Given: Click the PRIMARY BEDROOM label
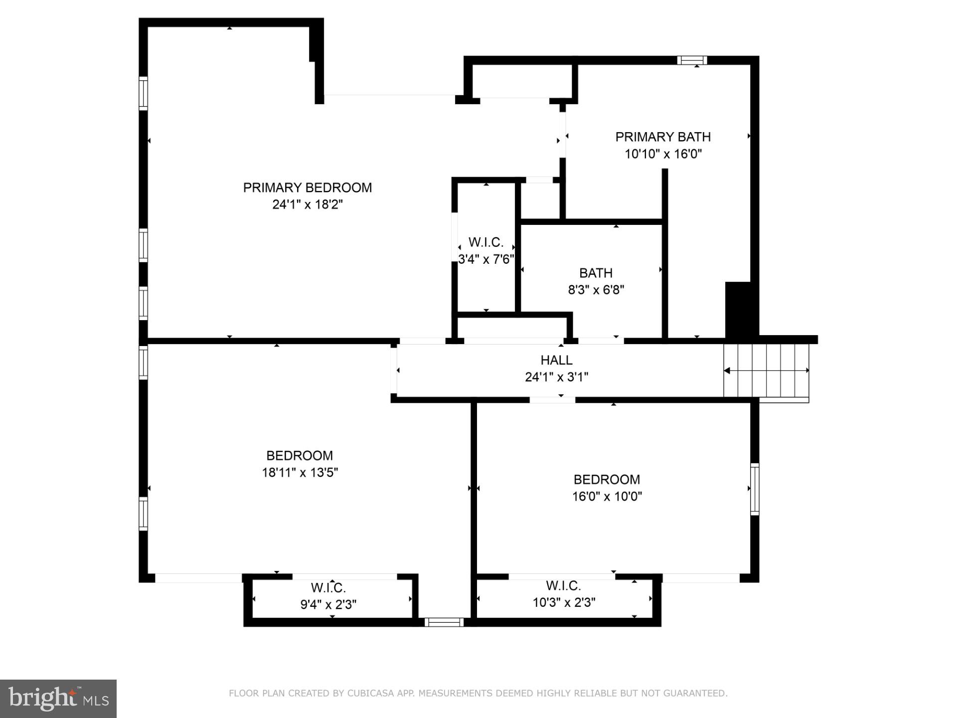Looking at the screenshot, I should click(307, 187).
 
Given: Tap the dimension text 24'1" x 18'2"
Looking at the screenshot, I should click(307, 204).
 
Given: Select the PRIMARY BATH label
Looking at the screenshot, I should click(662, 137).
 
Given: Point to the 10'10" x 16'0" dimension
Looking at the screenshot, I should click(663, 154).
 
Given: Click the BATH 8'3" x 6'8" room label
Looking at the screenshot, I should click(596, 281).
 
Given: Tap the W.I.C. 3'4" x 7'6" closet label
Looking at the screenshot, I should click(485, 251).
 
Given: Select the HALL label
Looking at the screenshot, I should click(556, 360).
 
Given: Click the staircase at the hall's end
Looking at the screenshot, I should click(766, 371).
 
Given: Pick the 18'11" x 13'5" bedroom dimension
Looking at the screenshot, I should click(300, 472).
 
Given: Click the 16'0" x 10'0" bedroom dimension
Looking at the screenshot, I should click(607, 496).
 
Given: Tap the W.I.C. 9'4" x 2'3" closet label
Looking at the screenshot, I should click(328, 596).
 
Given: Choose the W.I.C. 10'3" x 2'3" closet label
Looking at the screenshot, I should click(564, 594).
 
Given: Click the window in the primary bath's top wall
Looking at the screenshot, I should click(692, 60).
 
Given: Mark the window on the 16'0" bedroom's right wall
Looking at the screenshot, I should click(755, 489).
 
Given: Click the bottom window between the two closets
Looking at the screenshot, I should click(444, 622).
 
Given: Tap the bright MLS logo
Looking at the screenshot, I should click(58, 699).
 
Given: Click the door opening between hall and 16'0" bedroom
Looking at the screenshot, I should click(552, 400).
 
